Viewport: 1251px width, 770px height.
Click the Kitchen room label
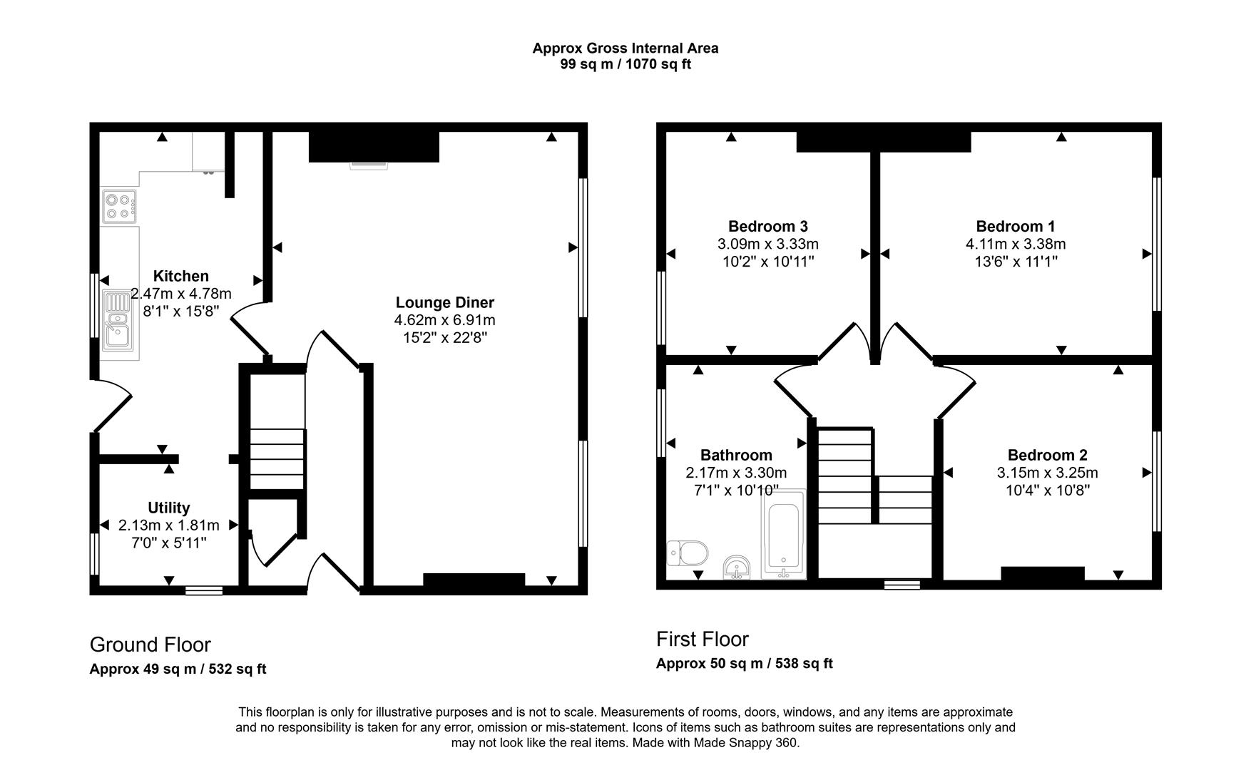point(181,276)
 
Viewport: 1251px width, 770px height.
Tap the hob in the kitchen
point(119,206)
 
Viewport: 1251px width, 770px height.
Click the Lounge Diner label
point(444,302)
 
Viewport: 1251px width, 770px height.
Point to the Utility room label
point(168,508)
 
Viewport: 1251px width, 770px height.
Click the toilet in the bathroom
point(688,553)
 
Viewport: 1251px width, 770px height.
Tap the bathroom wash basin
point(736,568)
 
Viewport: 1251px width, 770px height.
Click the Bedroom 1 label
point(1015,227)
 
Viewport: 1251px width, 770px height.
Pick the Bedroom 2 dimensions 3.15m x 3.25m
point(1047,473)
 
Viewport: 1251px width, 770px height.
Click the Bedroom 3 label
point(767,227)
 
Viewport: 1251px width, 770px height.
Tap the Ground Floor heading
point(150,645)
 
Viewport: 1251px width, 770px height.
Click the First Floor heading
point(702,639)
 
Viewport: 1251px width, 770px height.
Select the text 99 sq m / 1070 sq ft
point(625,64)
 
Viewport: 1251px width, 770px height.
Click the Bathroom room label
point(736,455)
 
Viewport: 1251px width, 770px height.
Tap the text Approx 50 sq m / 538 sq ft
point(744,663)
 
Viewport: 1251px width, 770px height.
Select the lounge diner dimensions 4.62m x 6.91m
point(444,320)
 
